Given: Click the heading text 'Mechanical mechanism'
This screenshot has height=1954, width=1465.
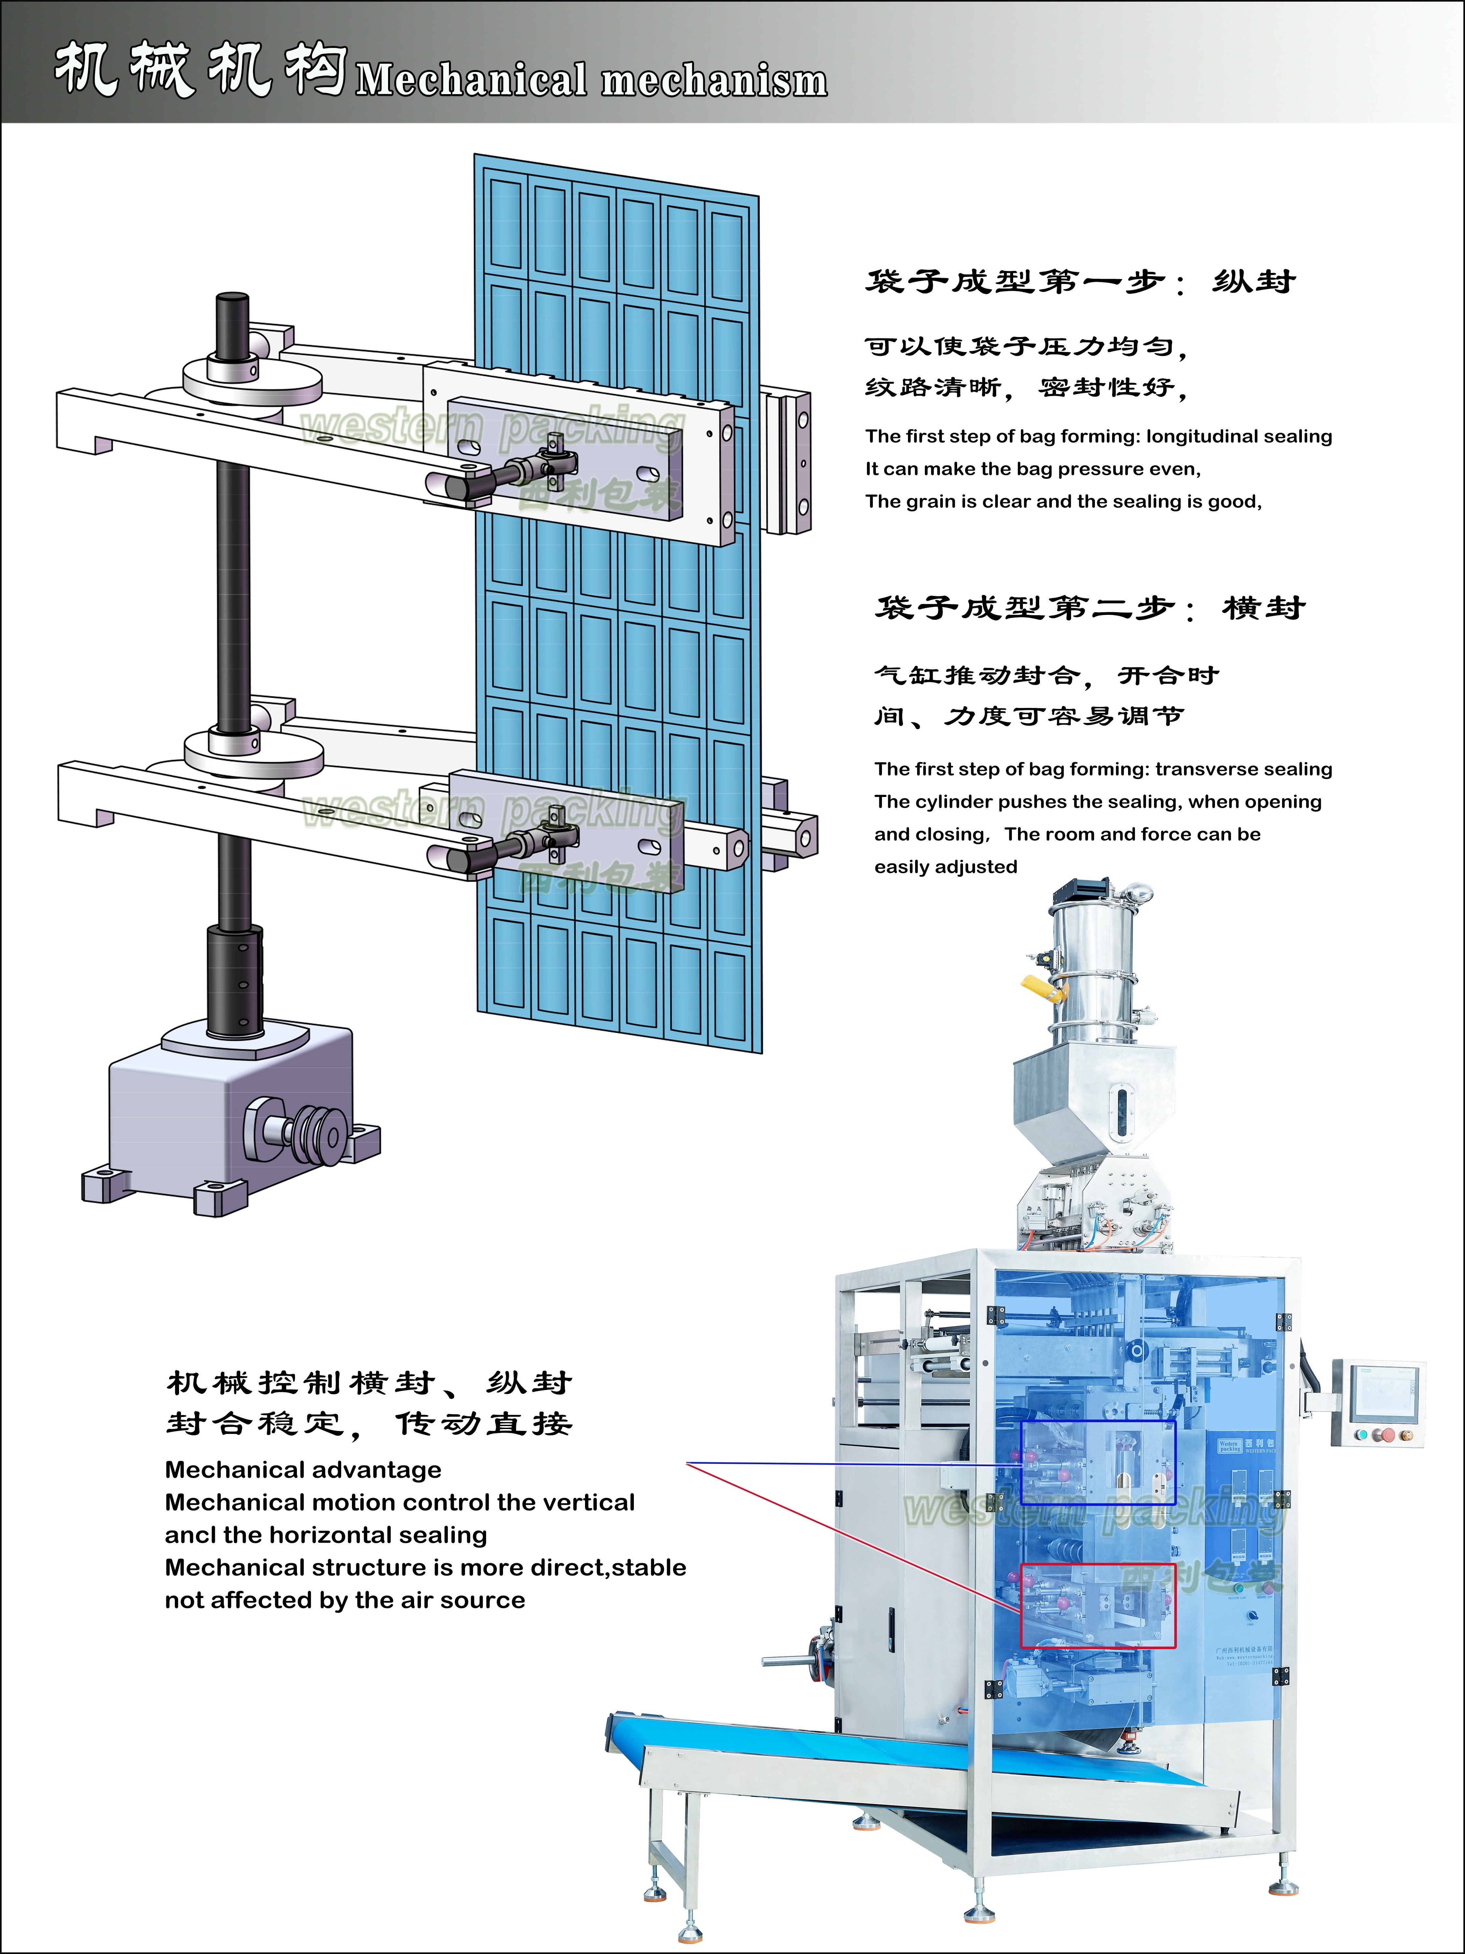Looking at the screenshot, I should click(592, 79).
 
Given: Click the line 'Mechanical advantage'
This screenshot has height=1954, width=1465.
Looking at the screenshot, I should click(303, 1470).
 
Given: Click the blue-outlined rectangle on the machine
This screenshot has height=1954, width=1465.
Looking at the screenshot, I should click(1098, 1462).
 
